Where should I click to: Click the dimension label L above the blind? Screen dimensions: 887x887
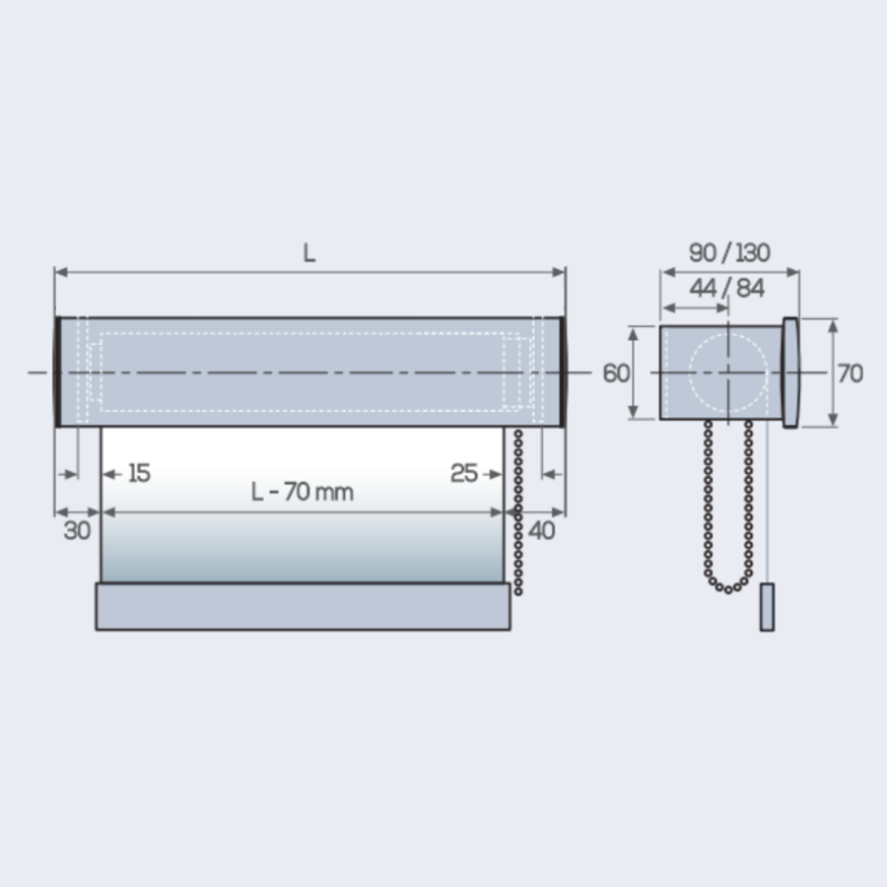[x=309, y=253]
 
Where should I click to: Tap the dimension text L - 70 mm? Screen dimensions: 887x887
[x=303, y=492]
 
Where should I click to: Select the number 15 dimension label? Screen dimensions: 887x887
[x=139, y=474]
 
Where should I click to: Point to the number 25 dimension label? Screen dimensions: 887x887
[x=464, y=474]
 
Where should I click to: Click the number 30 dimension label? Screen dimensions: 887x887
[x=77, y=530]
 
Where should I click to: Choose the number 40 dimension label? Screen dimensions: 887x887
[x=542, y=530]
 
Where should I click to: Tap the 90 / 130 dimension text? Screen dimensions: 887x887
[x=729, y=253]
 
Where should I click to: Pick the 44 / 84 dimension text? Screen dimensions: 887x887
[x=728, y=290]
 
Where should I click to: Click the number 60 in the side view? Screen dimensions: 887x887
[x=616, y=374]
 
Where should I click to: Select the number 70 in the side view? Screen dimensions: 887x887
[x=850, y=374]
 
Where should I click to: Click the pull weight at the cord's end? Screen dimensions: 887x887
[x=767, y=607]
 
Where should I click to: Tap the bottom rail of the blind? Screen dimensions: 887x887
[x=303, y=606]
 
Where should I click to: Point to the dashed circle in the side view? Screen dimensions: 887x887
[x=727, y=373]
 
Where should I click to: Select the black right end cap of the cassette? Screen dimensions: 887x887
[x=562, y=372]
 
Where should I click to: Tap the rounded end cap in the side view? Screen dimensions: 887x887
[x=790, y=373]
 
